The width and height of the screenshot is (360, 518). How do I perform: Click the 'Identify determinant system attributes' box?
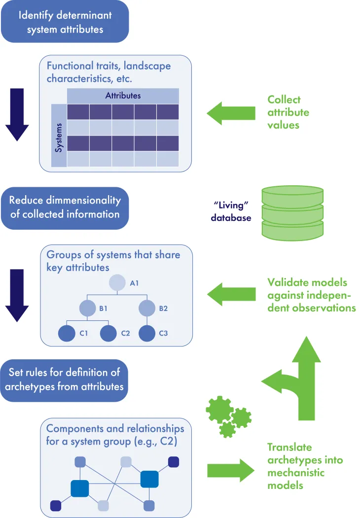click(x=65, y=22)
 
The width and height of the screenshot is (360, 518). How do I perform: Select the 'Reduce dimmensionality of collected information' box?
click(x=65, y=207)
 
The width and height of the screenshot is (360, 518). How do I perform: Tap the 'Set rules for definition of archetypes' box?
click(x=65, y=380)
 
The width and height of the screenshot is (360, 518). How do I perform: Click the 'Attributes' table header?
click(x=123, y=96)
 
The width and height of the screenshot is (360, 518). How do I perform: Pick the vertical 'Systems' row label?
click(x=59, y=136)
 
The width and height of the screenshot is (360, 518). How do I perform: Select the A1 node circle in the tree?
click(x=117, y=283)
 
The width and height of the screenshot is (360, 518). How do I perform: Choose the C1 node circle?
click(x=67, y=334)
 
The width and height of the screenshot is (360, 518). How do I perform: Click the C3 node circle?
click(x=146, y=334)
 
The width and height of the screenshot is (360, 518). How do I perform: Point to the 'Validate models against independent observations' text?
click(x=311, y=295)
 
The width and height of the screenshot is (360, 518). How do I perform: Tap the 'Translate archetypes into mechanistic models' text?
click(x=304, y=466)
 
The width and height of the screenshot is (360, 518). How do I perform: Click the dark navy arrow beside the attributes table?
click(x=17, y=114)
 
